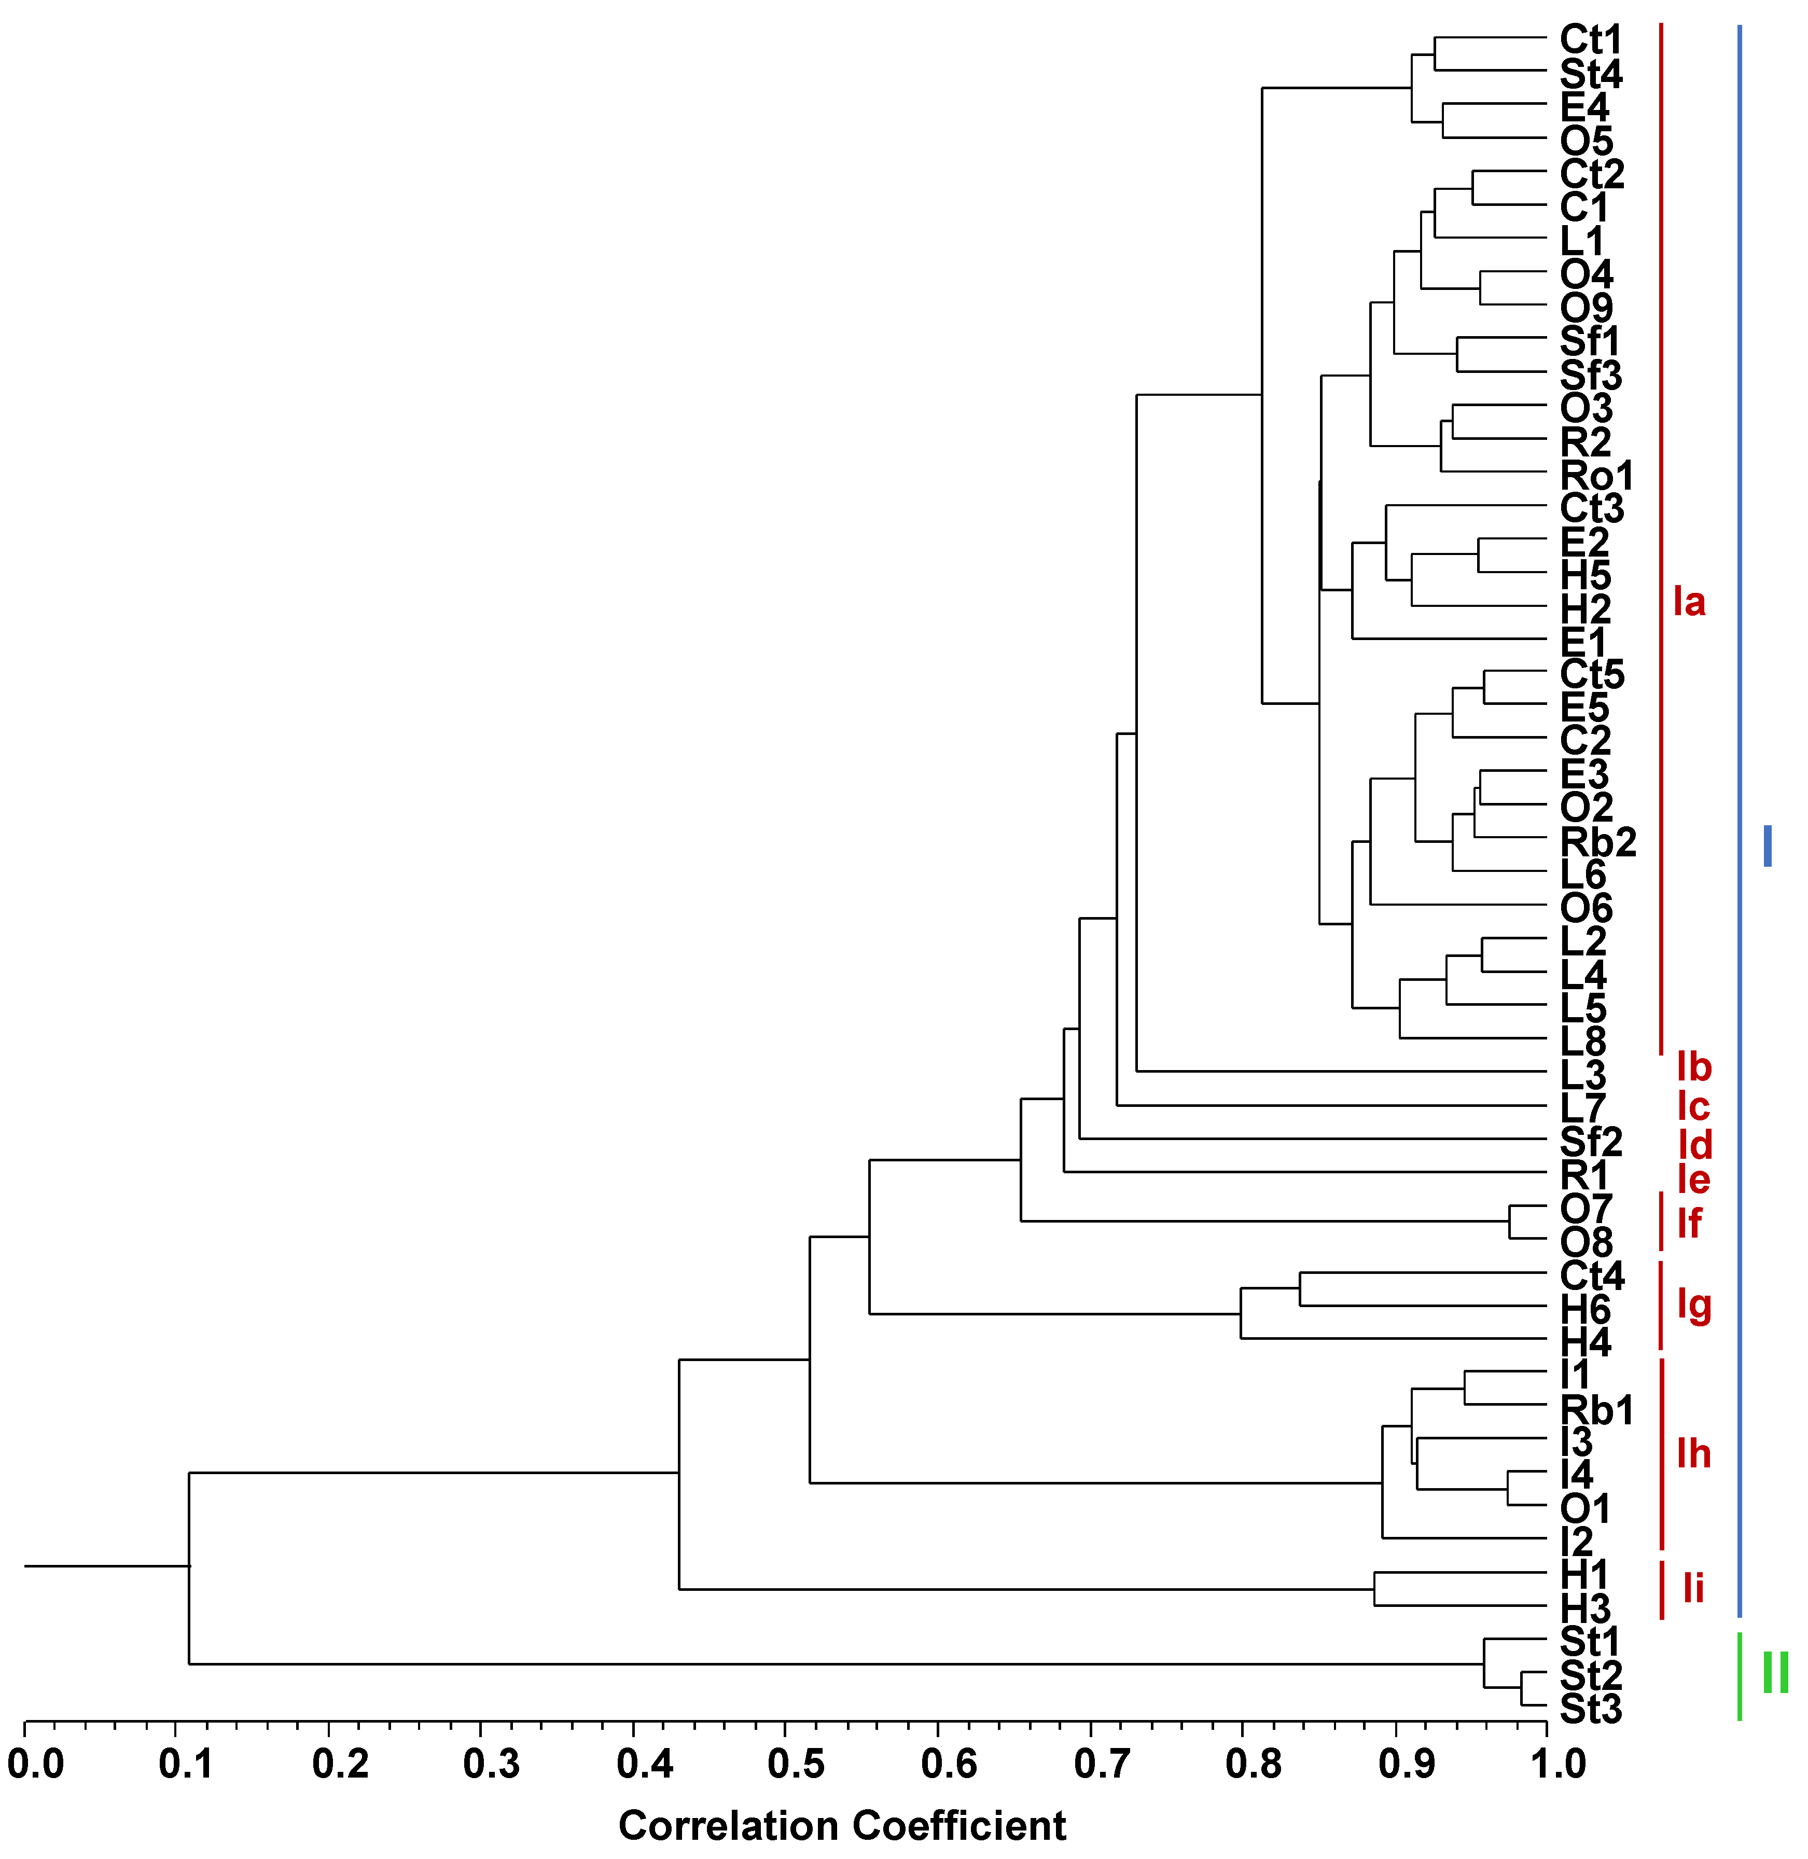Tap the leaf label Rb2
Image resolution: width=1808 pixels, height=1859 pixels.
tap(1598, 842)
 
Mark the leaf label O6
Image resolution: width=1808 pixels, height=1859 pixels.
tap(1586, 909)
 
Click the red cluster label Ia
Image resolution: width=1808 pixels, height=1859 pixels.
tap(1689, 602)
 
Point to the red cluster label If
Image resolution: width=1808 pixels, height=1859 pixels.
tap(1689, 1224)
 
